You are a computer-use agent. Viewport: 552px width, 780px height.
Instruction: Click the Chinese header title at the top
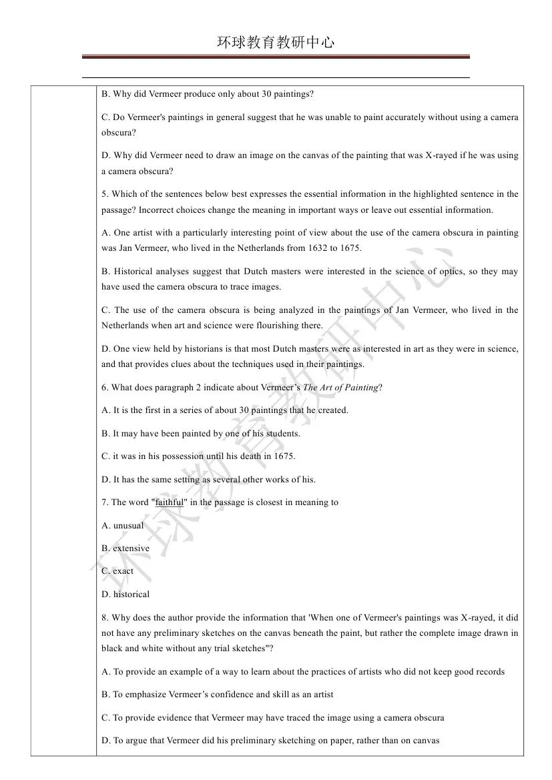pos(276,43)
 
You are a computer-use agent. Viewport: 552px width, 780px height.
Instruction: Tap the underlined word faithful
pos(169,502)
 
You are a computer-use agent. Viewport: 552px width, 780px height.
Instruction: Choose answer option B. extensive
pos(125,548)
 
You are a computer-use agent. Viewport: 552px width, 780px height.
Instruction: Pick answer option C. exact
pos(117,571)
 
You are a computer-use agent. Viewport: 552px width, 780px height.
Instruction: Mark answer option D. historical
pos(125,595)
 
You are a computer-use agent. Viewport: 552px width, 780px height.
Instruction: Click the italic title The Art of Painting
pos(340,388)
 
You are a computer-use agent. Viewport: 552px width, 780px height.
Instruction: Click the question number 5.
pos(104,194)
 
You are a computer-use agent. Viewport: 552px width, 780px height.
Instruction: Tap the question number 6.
pos(104,388)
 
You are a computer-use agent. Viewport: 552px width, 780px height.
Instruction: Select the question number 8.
pos(104,618)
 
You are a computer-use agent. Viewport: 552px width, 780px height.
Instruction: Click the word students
pos(284,434)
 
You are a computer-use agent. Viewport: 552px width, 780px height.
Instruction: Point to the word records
pos(489,672)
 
